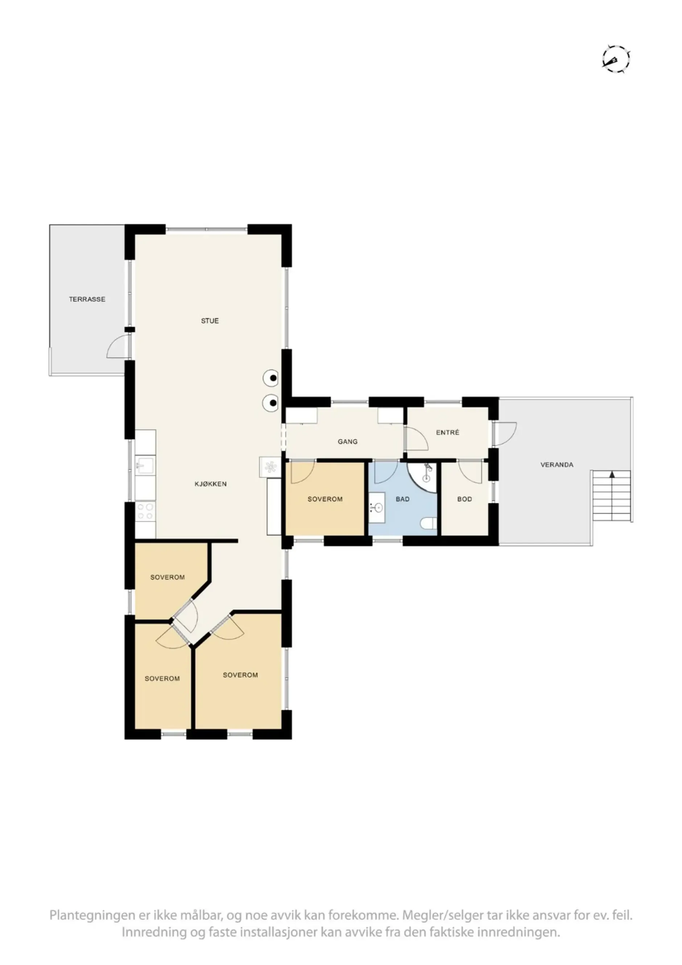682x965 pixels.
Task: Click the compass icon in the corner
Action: coord(616,59)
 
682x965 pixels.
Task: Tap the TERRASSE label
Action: coord(87,299)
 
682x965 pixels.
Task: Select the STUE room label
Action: coord(210,321)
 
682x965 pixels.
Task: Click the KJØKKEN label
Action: coord(210,484)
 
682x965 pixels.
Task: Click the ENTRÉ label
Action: coord(448,432)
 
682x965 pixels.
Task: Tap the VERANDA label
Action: coord(556,464)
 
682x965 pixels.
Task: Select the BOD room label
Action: coord(464,499)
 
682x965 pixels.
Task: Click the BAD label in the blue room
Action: coord(402,499)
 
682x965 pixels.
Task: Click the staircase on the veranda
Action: coord(611,496)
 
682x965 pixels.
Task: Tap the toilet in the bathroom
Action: coord(429,523)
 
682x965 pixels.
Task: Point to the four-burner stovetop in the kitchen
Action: coord(145,512)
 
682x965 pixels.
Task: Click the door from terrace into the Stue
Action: coord(118,347)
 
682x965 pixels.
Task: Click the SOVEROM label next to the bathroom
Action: coord(325,499)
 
